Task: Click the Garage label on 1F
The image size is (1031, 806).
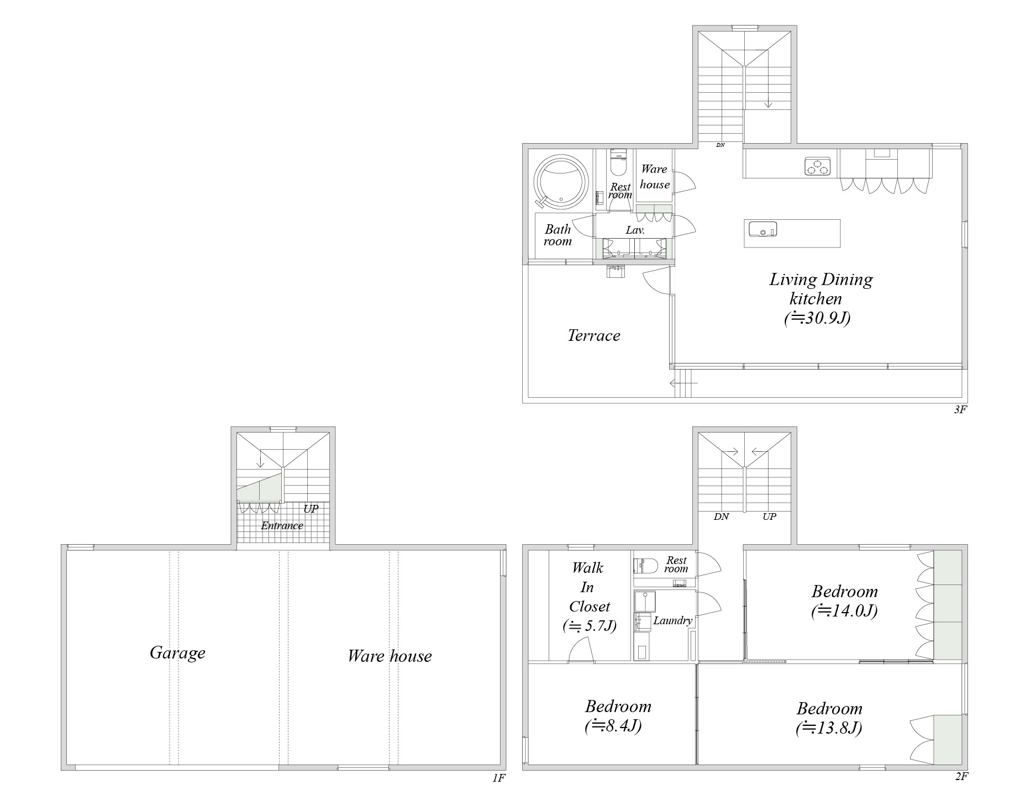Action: click(x=177, y=653)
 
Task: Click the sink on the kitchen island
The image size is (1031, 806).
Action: click(x=762, y=228)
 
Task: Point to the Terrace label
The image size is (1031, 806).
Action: click(x=594, y=336)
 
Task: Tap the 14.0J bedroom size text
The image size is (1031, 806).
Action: click(x=844, y=612)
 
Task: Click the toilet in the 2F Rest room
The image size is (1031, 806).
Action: click(x=645, y=565)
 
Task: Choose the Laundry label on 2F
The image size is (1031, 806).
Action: click(x=672, y=620)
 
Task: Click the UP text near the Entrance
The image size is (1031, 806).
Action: click(x=311, y=509)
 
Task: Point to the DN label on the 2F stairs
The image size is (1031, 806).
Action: click(x=721, y=517)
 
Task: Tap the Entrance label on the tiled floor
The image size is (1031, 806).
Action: click(x=282, y=526)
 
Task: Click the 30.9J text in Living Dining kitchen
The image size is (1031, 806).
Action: click(x=817, y=319)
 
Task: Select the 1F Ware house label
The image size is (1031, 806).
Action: click(x=390, y=656)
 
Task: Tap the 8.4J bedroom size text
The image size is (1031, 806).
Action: click(x=613, y=726)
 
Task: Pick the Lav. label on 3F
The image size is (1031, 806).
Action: click(x=635, y=230)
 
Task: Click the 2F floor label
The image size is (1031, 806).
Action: click(x=961, y=777)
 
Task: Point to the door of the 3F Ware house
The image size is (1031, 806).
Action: click(x=684, y=182)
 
